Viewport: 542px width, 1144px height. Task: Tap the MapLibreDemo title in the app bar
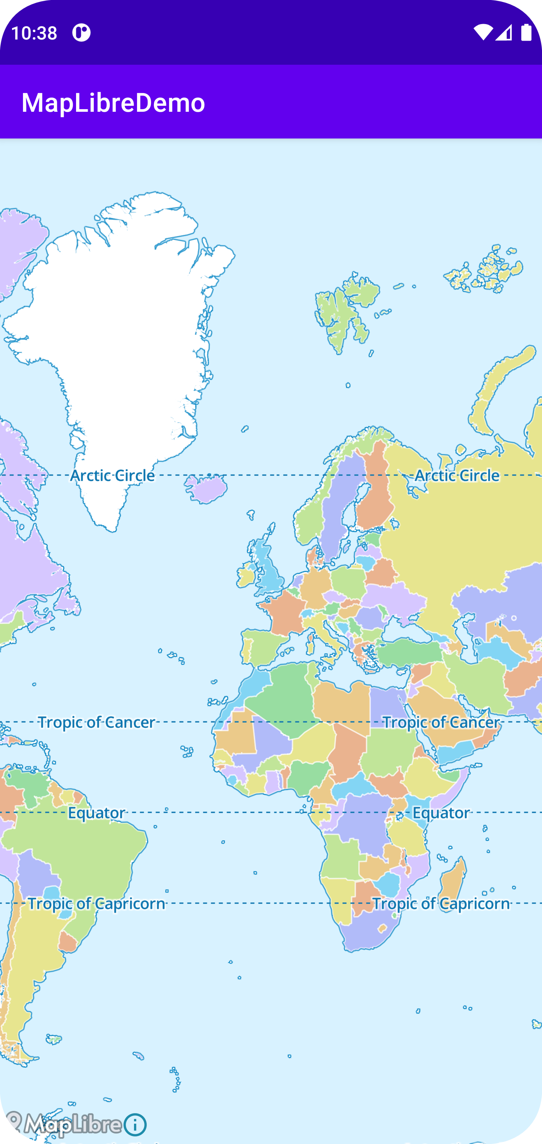pyautogui.click(x=113, y=103)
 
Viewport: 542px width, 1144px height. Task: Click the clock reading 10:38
pyautogui.click(x=34, y=33)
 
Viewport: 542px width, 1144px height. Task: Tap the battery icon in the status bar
pyautogui.click(x=526, y=32)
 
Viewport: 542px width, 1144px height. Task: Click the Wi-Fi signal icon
pyautogui.click(x=483, y=32)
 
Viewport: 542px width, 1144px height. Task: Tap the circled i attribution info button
pyautogui.click(x=135, y=1124)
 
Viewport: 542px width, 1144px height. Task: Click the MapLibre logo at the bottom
pyautogui.click(x=64, y=1124)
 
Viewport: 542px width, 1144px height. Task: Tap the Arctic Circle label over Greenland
pyautogui.click(x=113, y=476)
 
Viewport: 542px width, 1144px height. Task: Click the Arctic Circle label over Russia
pyautogui.click(x=457, y=476)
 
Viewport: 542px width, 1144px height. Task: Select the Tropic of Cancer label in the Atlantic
pyautogui.click(x=96, y=723)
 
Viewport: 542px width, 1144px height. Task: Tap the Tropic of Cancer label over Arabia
pyautogui.click(x=441, y=723)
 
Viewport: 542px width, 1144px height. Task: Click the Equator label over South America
pyautogui.click(x=96, y=813)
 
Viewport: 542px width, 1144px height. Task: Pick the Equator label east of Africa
pyautogui.click(x=441, y=813)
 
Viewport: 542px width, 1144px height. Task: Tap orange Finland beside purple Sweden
pyautogui.click(x=375, y=493)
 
